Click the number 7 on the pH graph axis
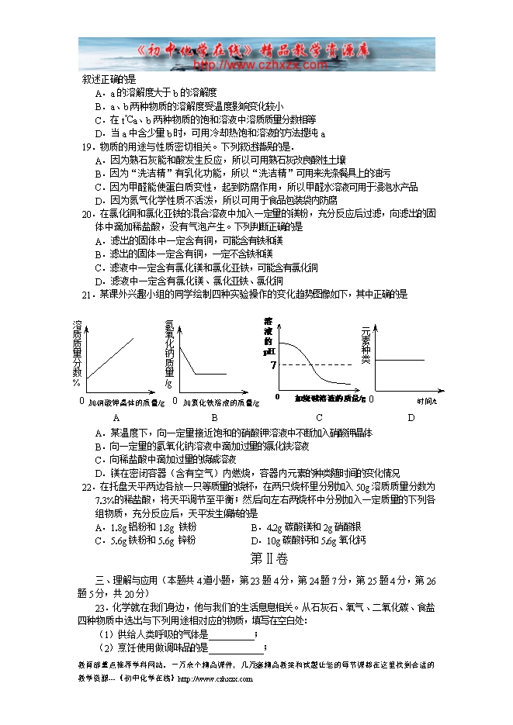pos(273,364)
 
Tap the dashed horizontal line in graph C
pos(314,364)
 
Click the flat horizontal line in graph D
pos(400,360)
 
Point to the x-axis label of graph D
pos(426,401)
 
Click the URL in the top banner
pos(259,66)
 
